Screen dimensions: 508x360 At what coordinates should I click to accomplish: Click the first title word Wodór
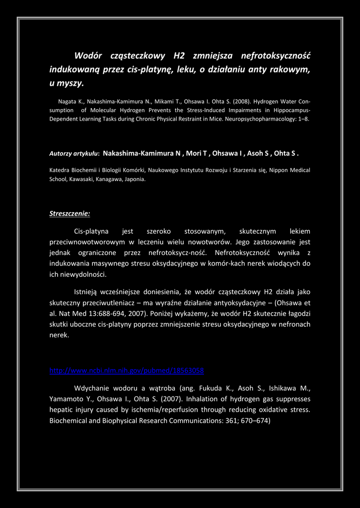(88, 56)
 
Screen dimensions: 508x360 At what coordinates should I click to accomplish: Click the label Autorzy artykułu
(74, 154)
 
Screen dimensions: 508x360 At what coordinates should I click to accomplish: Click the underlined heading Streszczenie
(70, 214)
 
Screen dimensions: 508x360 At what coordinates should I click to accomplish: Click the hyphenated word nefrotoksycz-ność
(176, 253)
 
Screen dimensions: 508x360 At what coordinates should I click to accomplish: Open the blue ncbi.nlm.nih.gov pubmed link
(127, 371)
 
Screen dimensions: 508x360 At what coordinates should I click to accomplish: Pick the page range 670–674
(254, 420)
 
